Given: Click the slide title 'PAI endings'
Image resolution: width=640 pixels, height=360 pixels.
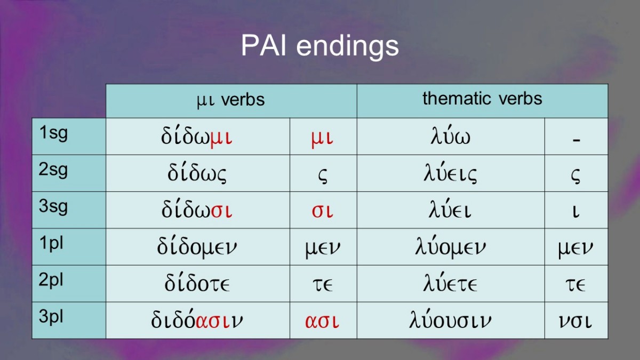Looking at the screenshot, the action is [319, 46].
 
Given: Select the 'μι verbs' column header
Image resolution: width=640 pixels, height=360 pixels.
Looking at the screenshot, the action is [230, 100].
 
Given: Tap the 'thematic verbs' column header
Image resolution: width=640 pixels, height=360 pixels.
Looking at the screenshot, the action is [482, 99].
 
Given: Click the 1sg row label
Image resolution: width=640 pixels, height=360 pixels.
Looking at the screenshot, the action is [53, 133].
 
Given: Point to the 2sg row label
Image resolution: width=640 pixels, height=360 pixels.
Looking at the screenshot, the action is [53, 170].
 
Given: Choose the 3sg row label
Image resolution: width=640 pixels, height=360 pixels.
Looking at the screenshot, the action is [53, 206].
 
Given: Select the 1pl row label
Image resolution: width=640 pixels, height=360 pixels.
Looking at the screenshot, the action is [51, 243].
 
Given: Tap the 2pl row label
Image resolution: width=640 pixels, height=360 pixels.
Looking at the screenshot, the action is [51, 280].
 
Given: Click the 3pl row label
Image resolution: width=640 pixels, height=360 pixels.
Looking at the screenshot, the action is [51, 317].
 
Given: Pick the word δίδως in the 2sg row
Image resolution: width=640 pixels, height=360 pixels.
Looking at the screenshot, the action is [197, 173].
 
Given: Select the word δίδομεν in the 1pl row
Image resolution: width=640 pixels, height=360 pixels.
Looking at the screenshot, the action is [197, 247].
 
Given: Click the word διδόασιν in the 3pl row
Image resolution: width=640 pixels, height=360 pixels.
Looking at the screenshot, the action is [197, 319].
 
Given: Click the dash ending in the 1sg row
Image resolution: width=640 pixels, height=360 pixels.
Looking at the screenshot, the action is [577, 140].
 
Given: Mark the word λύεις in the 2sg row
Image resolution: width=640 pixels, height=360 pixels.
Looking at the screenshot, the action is [450, 173].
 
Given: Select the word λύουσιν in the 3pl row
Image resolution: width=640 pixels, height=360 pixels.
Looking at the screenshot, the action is [450, 319].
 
